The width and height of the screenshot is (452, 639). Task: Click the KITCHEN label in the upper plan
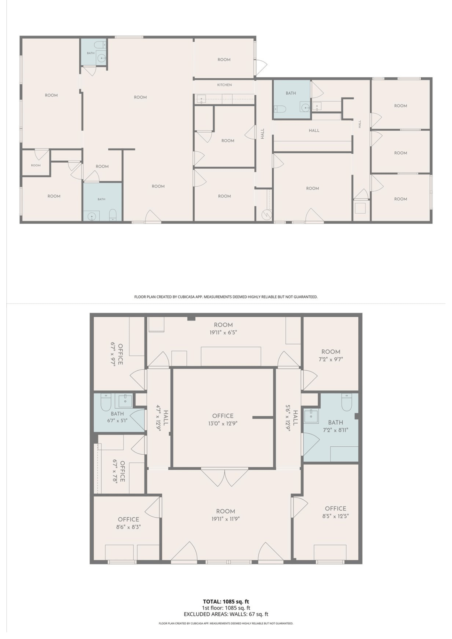coord(224,85)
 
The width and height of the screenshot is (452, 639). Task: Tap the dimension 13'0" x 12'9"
coord(223,424)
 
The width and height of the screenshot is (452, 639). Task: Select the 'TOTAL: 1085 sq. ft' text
coord(226,602)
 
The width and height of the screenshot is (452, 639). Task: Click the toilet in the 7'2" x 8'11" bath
coord(347,402)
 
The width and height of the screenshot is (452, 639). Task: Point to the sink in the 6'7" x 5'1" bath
coord(125,401)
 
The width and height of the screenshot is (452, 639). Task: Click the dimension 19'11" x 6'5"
coord(223,333)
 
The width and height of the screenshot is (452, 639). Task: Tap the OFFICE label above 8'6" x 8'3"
coord(129,520)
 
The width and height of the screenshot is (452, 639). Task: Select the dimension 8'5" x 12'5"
coord(335,516)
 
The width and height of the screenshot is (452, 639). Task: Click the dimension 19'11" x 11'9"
coord(226,519)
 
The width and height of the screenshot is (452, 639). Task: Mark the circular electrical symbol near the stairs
coord(266,215)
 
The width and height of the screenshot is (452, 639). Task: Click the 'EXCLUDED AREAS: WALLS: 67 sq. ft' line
coord(226,614)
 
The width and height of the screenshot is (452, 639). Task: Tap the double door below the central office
coord(225,477)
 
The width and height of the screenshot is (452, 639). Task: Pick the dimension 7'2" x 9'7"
coord(331,359)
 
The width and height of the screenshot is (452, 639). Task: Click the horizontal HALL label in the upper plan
coord(314,130)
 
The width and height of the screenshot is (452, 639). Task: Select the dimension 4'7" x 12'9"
coord(158,418)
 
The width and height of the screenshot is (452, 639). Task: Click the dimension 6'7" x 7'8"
coord(115,471)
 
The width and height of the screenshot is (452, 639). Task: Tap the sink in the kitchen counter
coord(201,99)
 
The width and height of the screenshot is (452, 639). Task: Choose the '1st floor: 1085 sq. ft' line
coord(226,608)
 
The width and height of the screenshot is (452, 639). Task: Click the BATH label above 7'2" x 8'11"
coord(335,422)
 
